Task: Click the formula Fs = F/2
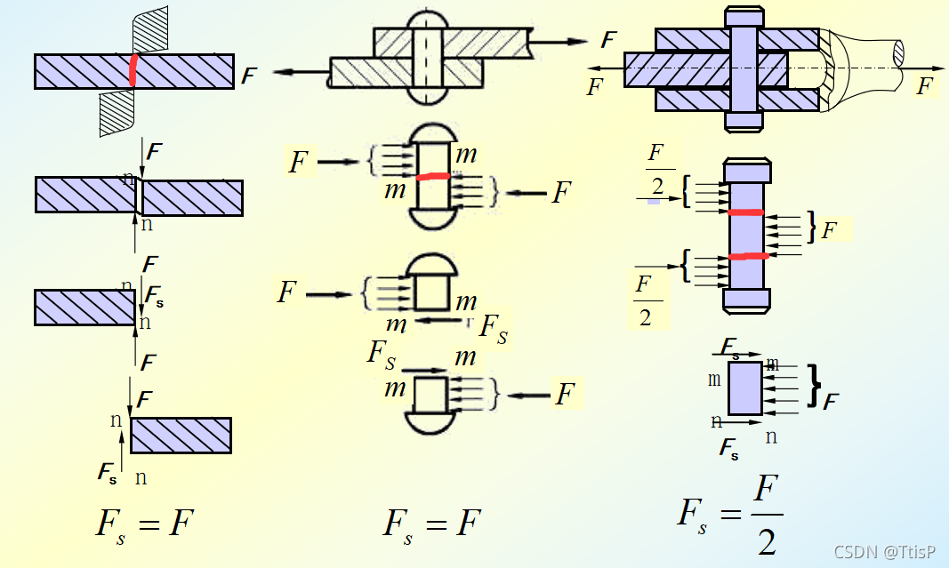(730, 515)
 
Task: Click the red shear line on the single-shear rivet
(434, 176)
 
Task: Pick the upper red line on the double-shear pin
(745, 212)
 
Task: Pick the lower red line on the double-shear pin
(745, 257)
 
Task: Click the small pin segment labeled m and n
(745, 388)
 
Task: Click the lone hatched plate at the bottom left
(181, 435)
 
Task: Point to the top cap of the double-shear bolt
(744, 16)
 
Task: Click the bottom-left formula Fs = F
(144, 523)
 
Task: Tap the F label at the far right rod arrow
(926, 86)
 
